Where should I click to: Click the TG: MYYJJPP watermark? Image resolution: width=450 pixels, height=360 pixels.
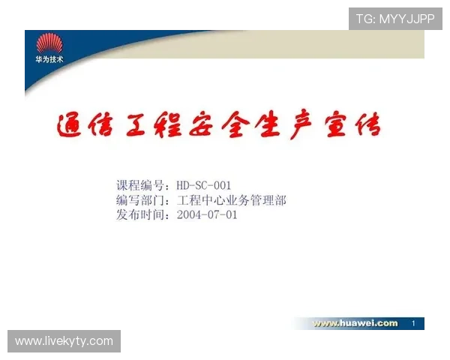point(395,19)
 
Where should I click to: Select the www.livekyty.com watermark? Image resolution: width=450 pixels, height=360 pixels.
point(64,341)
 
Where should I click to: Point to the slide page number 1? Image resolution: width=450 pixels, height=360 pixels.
point(413,323)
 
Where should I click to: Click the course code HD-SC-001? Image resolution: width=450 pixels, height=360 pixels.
point(204,185)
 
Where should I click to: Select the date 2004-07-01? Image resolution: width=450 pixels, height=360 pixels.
point(207,214)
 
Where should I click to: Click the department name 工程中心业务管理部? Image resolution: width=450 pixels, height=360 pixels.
point(232,200)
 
